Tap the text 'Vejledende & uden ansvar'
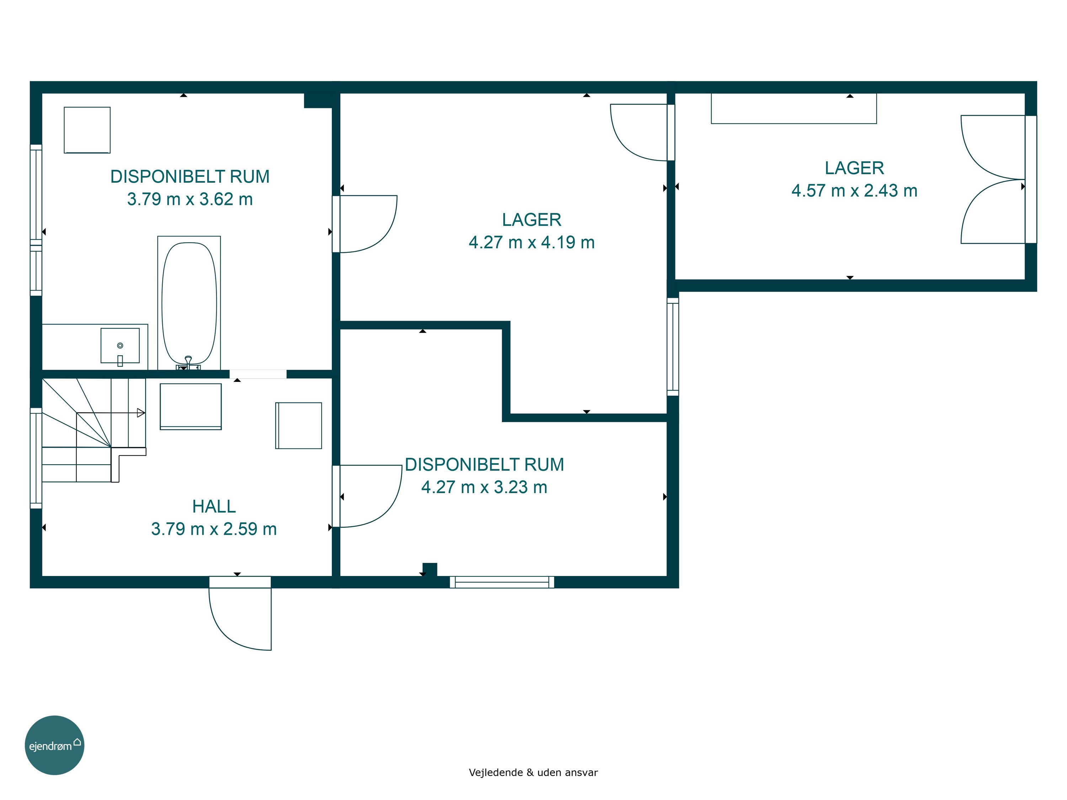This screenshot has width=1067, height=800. tap(533, 773)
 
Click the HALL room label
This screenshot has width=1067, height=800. tap(214, 506)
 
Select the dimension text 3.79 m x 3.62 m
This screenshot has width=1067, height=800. tap(190, 199)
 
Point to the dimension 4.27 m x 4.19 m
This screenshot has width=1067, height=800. tap(532, 242)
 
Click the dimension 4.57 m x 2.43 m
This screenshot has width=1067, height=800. tap(854, 191)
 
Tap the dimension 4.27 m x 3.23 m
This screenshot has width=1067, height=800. tap(484, 487)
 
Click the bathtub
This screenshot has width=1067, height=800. tap(189, 303)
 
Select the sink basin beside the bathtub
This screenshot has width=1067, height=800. tap(120, 346)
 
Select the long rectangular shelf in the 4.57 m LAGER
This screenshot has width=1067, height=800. tap(794, 108)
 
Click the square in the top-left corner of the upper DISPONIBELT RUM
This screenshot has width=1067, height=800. tap(87, 130)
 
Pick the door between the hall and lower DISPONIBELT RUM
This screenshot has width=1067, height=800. tap(367, 496)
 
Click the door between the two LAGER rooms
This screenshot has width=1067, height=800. tap(642, 132)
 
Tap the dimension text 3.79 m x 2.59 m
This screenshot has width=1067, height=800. tap(214, 529)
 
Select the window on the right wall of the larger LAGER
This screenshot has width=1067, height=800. tap(673, 347)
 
